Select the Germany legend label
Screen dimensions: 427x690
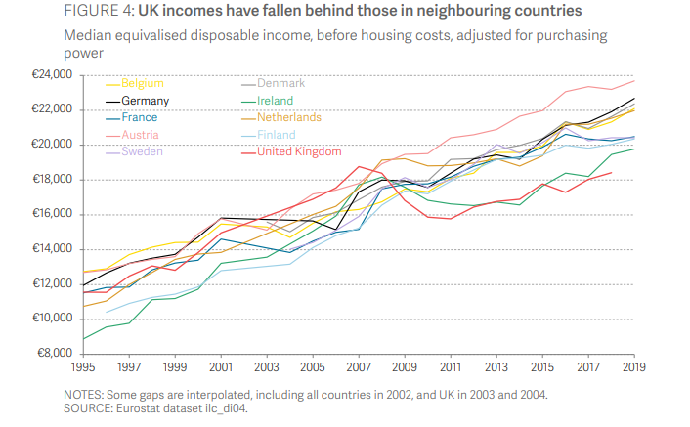[145, 101]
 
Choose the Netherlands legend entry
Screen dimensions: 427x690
[290, 117]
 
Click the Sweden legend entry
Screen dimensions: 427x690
[141, 151]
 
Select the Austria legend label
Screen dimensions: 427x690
[139, 135]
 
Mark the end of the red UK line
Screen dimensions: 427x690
[611, 173]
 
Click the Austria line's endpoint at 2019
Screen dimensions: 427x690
[633, 80]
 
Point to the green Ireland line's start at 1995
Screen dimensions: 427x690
[84, 339]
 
